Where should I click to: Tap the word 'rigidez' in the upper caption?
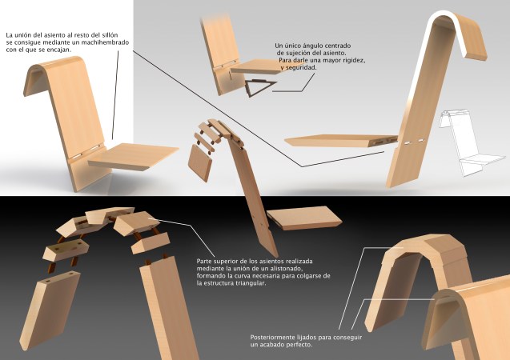point(346,61)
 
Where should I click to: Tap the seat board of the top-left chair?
point(135,155)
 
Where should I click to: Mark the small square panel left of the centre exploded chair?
point(199,164)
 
